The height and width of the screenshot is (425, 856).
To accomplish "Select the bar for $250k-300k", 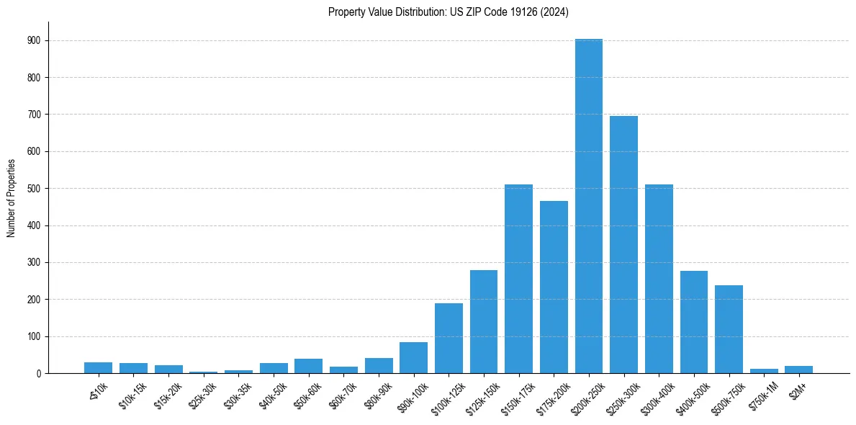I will (623, 245).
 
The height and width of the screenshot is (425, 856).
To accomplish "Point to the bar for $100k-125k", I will (449, 339).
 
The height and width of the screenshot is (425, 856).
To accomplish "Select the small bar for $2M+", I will (798, 370).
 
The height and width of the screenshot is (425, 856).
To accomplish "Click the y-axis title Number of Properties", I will (11, 197).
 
